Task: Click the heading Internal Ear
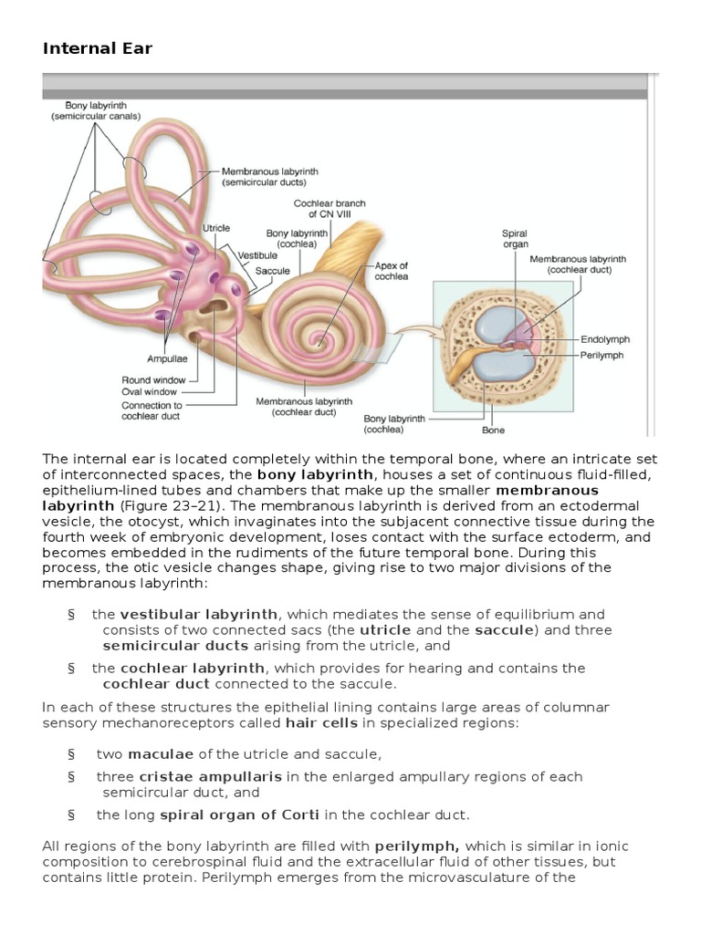(x=97, y=48)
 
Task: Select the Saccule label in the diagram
(x=272, y=271)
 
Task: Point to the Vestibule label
(x=257, y=256)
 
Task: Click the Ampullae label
(x=167, y=358)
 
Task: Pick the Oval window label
(x=151, y=392)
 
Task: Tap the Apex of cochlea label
(x=392, y=271)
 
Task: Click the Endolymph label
(x=605, y=339)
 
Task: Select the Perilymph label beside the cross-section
(x=602, y=355)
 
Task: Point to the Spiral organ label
(x=515, y=239)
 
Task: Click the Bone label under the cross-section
(x=493, y=431)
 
